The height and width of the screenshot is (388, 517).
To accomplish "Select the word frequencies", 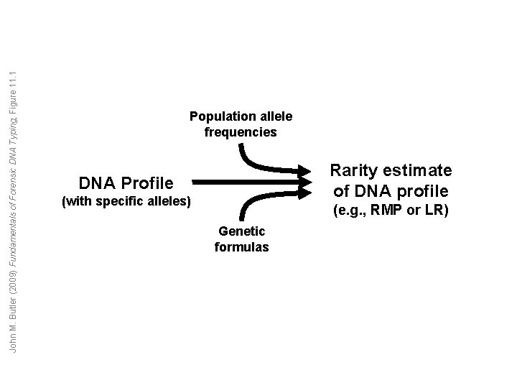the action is pos(241,132).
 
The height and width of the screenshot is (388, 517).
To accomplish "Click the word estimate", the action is pos(419,171).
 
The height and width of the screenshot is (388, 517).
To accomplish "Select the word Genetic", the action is pos(241,231).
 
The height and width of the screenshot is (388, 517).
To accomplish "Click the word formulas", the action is pos(241,247).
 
